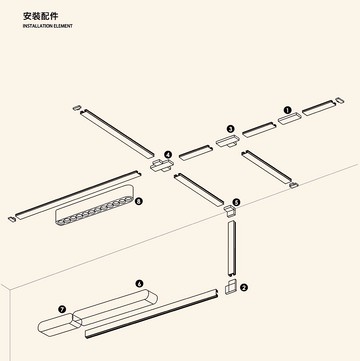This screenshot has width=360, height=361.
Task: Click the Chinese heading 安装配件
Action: coord(41,17)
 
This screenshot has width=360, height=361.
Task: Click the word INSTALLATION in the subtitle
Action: coord(39,27)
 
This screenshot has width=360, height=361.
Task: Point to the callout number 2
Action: coord(244,287)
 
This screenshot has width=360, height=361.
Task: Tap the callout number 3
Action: coord(230,129)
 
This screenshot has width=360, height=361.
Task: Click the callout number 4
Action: coord(168,156)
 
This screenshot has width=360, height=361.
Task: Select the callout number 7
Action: coord(62,310)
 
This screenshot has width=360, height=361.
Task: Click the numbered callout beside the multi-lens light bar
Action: coord(139,201)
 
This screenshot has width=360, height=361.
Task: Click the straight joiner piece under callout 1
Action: coord(288,120)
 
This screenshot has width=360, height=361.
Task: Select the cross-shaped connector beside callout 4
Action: coord(160,165)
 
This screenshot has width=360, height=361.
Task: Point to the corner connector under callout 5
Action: coord(229,210)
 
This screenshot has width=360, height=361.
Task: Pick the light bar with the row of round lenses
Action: coord(95,210)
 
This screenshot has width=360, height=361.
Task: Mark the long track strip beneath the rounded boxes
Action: coord(150,314)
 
